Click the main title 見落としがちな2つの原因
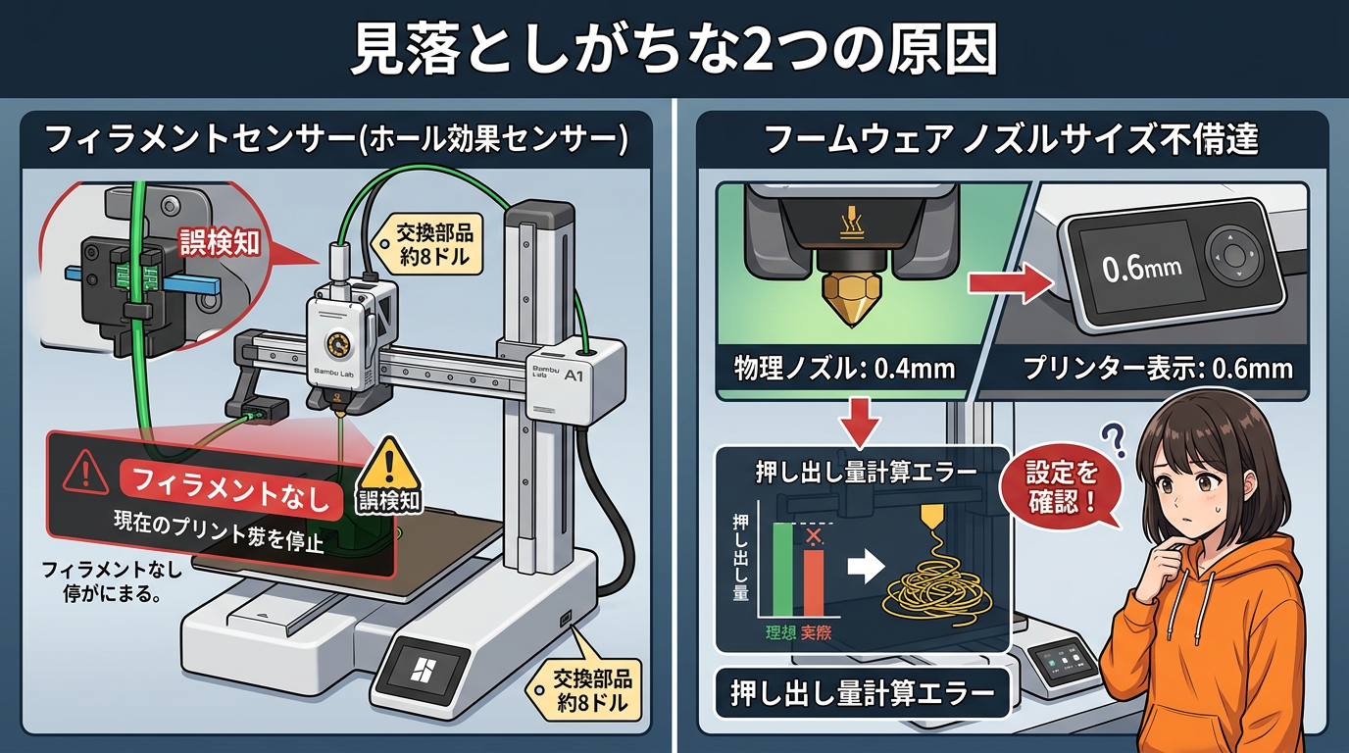(674, 48)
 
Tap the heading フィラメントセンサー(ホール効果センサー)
(336, 138)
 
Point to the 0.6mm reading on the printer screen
(1142, 268)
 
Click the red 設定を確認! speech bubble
(1062, 492)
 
